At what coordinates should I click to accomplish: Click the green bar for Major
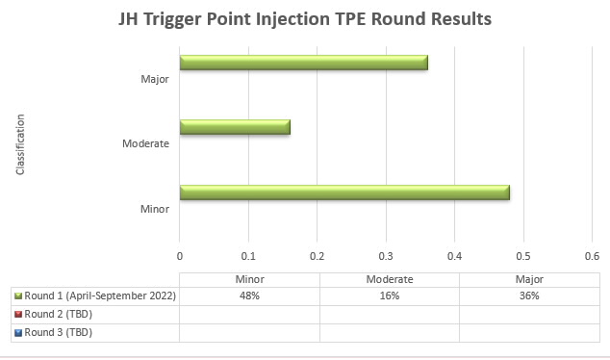coord(303,64)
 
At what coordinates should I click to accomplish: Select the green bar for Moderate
coord(234,127)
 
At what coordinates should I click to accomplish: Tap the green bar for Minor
coord(344,193)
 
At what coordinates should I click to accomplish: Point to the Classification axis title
coord(20,144)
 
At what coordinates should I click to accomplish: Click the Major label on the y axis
coord(156,79)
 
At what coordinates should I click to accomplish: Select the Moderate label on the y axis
coord(146,143)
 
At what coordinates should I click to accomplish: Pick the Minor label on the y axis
coord(155,208)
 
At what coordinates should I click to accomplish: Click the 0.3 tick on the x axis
coord(386,256)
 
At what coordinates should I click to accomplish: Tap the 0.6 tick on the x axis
coord(591,256)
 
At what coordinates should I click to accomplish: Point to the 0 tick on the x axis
coord(180,256)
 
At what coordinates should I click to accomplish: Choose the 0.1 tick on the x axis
coord(248,256)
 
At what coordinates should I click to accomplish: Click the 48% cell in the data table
coord(249,296)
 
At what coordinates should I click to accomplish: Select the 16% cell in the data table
coord(389,296)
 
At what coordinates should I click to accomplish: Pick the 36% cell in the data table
coord(528,296)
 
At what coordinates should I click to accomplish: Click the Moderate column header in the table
coord(389,279)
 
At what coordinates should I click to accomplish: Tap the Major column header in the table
coord(528,279)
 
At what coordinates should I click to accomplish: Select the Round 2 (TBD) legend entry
coord(58,314)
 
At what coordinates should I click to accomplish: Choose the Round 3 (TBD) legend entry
coord(58,332)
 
